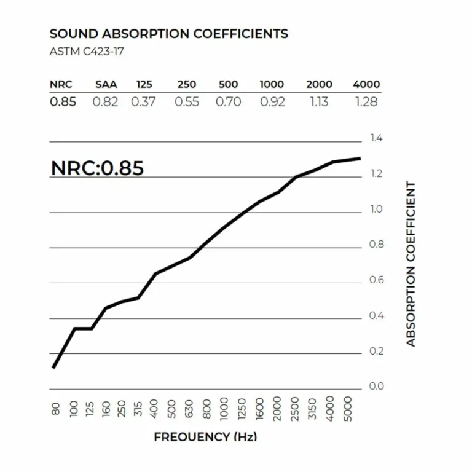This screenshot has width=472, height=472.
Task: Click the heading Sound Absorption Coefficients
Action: (x=168, y=34)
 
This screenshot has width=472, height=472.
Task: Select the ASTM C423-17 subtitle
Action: (x=86, y=52)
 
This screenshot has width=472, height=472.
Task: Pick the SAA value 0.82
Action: (x=105, y=102)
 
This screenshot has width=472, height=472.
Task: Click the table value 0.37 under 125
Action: (x=143, y=102)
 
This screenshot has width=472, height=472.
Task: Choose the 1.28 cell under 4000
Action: (x=366, y=102)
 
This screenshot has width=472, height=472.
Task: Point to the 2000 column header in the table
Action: (x=319, y=85)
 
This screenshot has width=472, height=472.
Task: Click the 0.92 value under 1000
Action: (x=272, y=102)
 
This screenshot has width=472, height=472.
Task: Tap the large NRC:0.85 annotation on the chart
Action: (x=97, y=168)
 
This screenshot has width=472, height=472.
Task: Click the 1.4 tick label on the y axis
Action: (x=377, y=138)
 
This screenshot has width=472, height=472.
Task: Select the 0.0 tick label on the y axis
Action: (x=377, y=386)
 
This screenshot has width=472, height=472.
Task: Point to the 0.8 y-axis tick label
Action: (x=377, y=245)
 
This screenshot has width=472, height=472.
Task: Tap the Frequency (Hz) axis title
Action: (x=205, y=437)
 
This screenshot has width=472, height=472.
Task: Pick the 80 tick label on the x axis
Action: (x=55, y=409)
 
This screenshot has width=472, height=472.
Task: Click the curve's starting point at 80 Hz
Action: (x=54, y=367)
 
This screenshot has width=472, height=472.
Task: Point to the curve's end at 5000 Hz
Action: (x=360, y=159)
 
